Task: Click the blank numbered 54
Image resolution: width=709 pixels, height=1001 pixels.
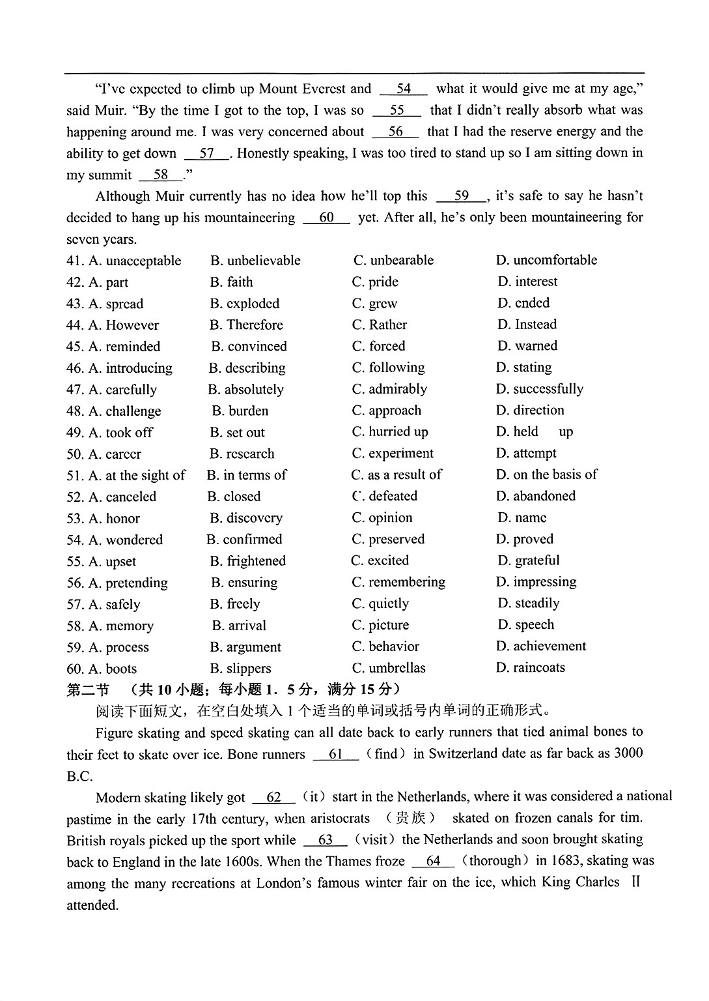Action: tap(404, 89)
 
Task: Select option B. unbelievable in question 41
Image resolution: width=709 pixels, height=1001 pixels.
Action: tap(255, 261)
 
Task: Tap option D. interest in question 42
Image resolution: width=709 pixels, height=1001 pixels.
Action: tap(527, 282)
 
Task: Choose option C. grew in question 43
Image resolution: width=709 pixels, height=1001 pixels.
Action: tap(374, 304)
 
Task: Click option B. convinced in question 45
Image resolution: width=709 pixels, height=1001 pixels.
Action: tap(249, 347)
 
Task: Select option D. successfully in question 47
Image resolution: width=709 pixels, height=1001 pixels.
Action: tap(539, 389)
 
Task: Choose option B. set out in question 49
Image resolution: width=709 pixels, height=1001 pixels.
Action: tap(237, 433)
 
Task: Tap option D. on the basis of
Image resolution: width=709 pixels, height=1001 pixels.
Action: tap(546, 474)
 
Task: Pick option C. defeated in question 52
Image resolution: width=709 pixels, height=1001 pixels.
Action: tap(384, 496)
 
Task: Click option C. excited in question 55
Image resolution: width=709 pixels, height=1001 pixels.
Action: tap(380, 560)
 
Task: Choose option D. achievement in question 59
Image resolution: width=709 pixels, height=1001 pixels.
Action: tap(540, 646)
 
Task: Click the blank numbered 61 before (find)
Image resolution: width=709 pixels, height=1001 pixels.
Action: tap(336, 755)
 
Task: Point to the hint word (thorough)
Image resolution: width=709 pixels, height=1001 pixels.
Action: tap(495, 861)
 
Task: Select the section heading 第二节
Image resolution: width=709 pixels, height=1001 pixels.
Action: tap(88, 689)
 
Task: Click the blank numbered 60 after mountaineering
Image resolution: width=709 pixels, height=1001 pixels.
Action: tap(327, 218)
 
